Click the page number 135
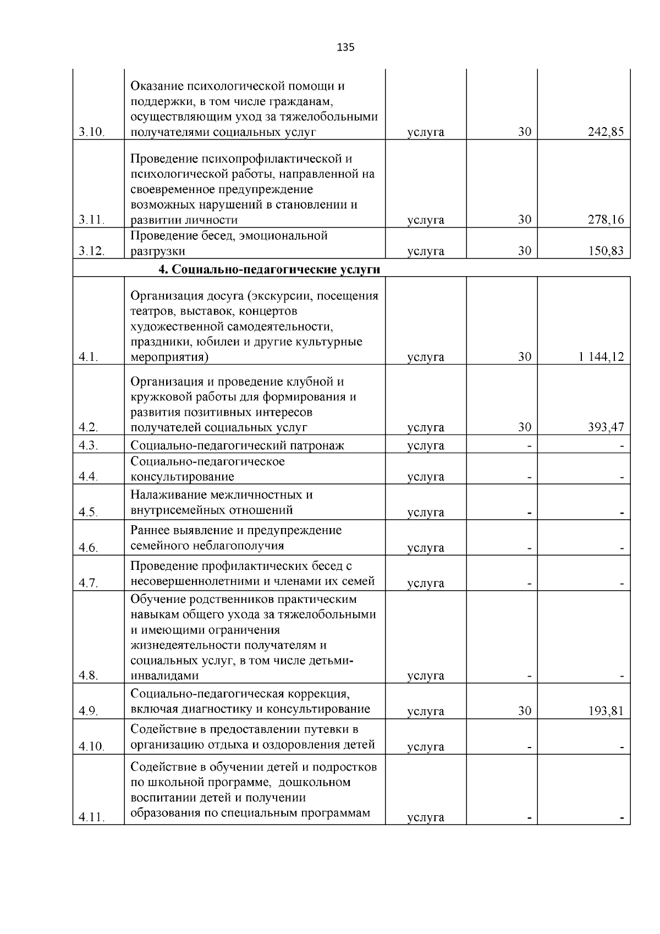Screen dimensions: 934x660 (345, 47)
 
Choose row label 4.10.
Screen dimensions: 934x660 (91, 747)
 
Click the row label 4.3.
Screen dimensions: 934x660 (88, 446)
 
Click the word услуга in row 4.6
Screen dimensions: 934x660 (426, 548)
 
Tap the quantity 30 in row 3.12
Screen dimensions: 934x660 (524, 251)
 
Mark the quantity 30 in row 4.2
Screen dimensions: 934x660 (524, 427)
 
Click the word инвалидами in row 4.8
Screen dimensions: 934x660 (164, 676)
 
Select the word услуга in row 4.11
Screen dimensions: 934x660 (426, 817)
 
